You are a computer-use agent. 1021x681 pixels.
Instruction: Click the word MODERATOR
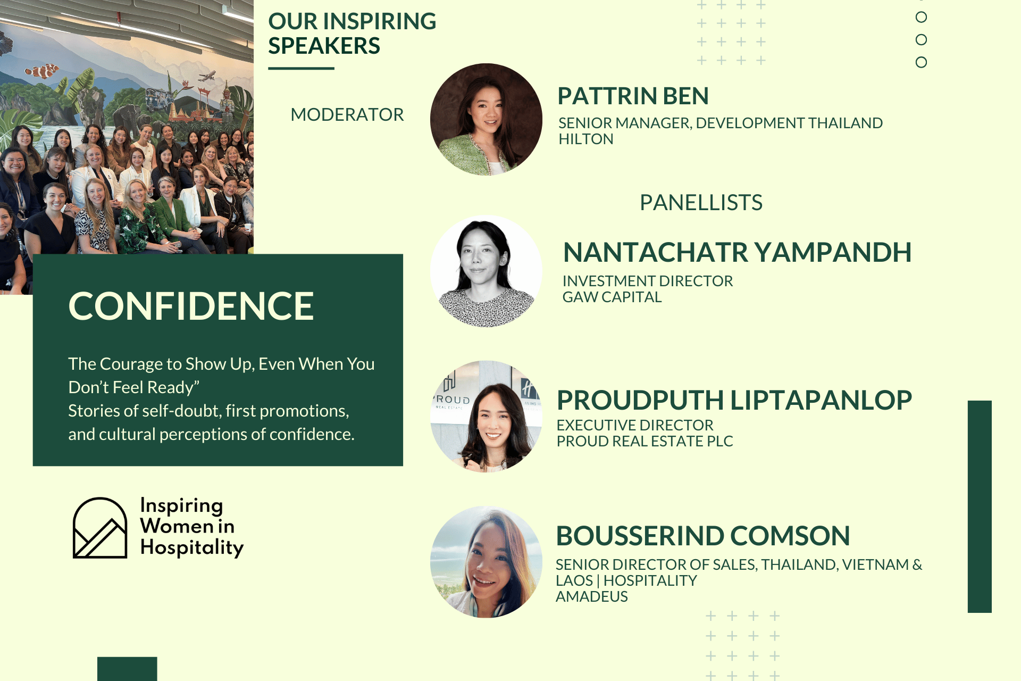tap(347, 114)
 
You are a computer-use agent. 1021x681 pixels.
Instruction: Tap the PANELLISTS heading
tap(701, 203)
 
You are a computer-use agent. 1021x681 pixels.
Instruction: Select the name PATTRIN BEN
tap(633, 96)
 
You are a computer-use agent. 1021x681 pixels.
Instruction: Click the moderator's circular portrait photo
tap(486, 119)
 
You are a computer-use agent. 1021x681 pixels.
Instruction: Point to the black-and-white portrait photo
tap(486, 271)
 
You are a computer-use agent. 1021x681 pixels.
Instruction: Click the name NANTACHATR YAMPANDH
tap(737, 252)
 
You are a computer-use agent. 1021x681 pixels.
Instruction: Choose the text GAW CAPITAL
tap(612, 297)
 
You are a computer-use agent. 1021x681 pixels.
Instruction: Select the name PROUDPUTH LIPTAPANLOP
tap(734, 400)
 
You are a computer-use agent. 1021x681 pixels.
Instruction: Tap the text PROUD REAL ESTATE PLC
tap(645, 441)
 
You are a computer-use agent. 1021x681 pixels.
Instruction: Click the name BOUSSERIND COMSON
tap(703, 536)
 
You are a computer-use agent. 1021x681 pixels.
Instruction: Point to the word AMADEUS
tap(592, 596)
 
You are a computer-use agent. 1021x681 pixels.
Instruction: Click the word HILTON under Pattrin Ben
tap(586, 139)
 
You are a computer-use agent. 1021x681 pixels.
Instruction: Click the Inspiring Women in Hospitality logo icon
tap(100, 528)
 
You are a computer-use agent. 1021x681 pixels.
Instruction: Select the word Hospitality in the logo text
tap(192, 547)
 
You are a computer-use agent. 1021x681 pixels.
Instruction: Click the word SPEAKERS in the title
tap(324, 46)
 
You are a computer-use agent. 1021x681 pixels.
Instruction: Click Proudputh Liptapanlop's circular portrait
tap(486, 416)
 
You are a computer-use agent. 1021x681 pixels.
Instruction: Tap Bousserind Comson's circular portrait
tap(486, 562)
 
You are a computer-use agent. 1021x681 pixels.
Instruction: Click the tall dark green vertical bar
tap(980, 506)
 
